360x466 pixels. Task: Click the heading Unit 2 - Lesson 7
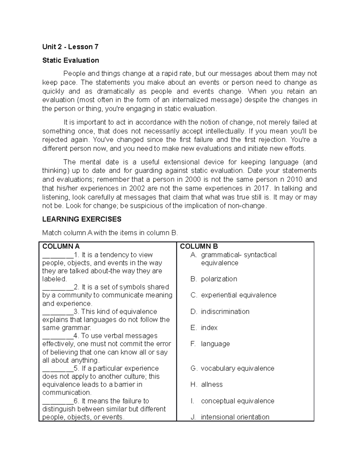coord(70,47)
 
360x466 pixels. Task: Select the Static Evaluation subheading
coord(70,60)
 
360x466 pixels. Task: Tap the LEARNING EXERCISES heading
coord(82,219)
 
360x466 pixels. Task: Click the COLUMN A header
coord(61,246)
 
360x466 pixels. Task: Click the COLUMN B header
coord(199,246)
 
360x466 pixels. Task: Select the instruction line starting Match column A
coord(110,233)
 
